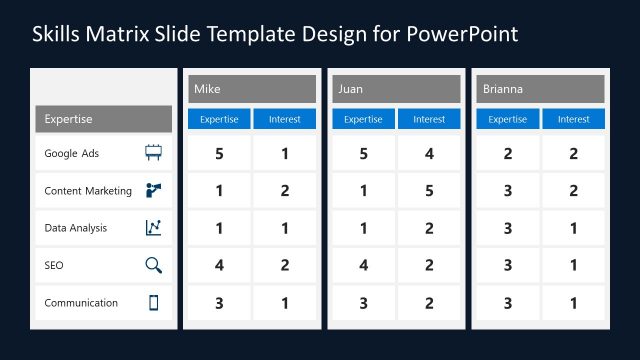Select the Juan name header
click(396, 89)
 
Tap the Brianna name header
click(540, 89)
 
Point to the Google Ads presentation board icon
click(153, 154)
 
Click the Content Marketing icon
click(153, 190)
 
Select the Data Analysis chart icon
click(153, 228)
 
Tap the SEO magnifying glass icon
click(153, 265)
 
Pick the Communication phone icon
click(153, 303)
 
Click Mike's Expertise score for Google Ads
click(219, 154)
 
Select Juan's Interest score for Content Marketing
click(429, 190)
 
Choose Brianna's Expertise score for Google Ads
click(507, 154)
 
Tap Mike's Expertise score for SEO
click(219, 265)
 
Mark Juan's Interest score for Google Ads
click(429, 154)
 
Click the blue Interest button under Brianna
click(573, 119)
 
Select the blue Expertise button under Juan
click(363, 119)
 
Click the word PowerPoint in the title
click(462, 34)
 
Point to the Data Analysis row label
click(76, 228)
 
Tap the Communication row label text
click(81, 303)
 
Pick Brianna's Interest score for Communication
click(573, 303)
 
